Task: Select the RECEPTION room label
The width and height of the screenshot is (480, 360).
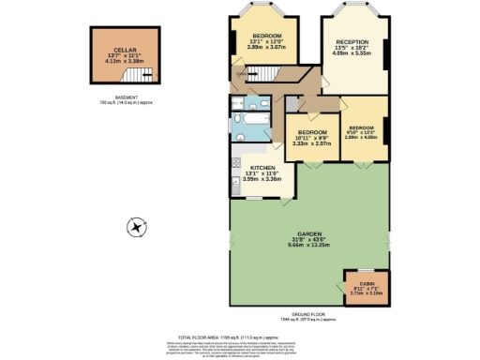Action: point(352,42)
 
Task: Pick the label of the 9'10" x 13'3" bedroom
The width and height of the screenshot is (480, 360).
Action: point(362,127)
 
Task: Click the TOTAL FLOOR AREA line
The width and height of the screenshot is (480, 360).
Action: point(239,334)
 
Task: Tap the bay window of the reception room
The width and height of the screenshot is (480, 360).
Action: point(353,12)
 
